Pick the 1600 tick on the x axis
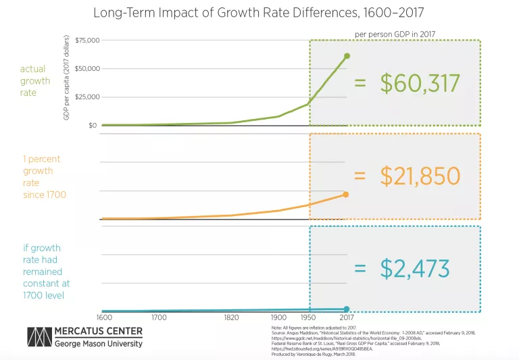point(103,317)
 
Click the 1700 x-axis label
point(159,317)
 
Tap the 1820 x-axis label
point(230,317)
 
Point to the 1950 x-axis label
point(309,317)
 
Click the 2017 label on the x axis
point(346,317)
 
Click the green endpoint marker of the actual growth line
point(347,55)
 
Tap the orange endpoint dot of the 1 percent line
point(346,195)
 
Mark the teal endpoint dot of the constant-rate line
point(346,309)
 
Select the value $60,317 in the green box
point(419,83)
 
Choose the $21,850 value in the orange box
point(419,176)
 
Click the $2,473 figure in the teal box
point(414,268)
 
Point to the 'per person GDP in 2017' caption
point(394,33)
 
